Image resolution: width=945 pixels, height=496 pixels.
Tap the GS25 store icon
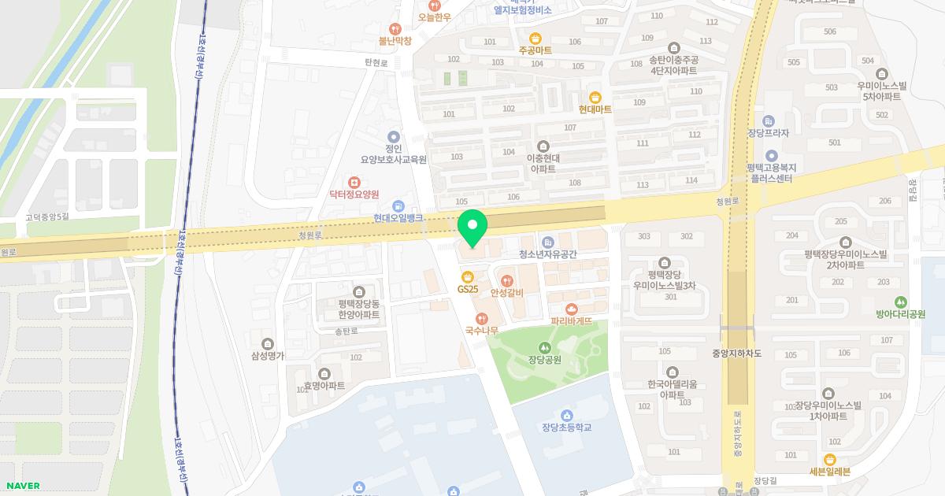(x=468, y=277)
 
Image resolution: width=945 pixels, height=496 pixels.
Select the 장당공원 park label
(x=544, y=360)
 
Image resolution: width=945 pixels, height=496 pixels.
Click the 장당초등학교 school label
(x=566, y=428)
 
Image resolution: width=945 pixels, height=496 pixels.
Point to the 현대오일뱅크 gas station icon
(x=398, y=205)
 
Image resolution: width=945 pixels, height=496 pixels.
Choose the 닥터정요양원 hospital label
(x=354, y=194)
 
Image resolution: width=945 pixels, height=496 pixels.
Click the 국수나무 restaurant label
(x=482, y=330)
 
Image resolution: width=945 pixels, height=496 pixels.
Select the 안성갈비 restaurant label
(x=506, y=293)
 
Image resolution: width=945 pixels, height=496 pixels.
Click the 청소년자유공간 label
(x=548, y=254)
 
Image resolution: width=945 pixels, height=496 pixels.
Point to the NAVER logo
(x=22, y=486)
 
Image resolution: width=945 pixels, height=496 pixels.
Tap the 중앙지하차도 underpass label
(x=736, y=354)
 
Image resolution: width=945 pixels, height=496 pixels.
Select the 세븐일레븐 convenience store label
(x=829, y=472)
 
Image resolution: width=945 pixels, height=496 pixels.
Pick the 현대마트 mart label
(x=595, y=109)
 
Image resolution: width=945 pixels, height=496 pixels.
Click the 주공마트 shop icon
(x=535, y=37)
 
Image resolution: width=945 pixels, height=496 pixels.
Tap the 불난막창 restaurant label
(x=395, y=40)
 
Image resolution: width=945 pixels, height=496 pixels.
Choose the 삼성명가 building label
(x=268, y=356)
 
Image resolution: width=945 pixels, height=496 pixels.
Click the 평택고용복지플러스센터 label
(x=771, y=173)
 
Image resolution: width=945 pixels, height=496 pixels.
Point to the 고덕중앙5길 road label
(x=47, y=217)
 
